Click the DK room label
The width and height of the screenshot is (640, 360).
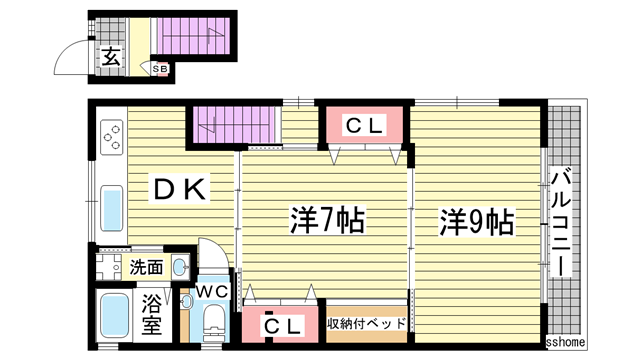coord(179,187)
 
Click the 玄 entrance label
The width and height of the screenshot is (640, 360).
coord(110,57)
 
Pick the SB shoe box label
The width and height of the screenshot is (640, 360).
coord(160,68)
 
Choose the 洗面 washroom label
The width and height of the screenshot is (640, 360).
coord(145,267)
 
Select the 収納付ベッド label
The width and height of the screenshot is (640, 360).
coord(366,323)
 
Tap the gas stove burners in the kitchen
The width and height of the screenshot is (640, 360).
coord(111,137)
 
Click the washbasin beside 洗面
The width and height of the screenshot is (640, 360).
coord(179,266)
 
